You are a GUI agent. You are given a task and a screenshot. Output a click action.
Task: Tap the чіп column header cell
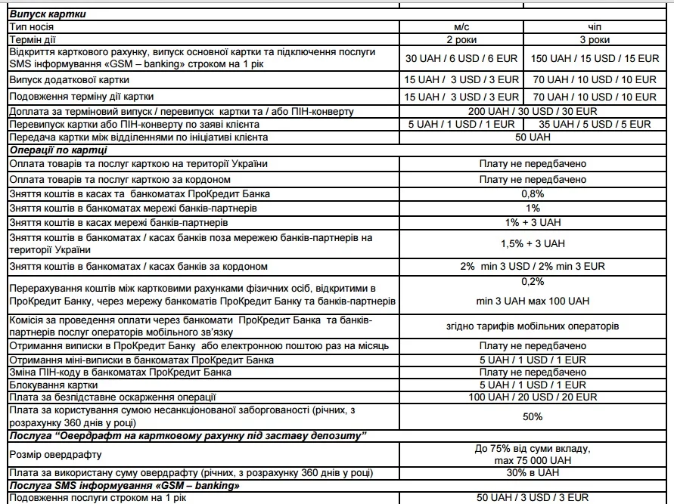594,26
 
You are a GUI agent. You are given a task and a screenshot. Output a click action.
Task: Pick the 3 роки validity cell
594,39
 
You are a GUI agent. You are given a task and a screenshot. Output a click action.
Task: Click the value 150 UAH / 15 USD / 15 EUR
594,58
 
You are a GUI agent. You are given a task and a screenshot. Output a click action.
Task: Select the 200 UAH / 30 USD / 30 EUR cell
533,111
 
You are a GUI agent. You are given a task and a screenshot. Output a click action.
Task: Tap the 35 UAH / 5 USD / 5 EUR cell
594,124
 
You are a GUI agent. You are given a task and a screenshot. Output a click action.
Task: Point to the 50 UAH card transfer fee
533,137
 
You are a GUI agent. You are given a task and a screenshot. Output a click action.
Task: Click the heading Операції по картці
58,150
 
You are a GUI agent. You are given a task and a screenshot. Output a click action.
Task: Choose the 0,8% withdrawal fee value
533,193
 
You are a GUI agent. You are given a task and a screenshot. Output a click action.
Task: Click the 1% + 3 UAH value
533,223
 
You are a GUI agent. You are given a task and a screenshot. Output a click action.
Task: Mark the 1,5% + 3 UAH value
533,243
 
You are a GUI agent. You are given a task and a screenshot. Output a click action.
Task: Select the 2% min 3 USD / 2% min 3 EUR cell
533,267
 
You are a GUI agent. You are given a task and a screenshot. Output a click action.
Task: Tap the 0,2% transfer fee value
533,281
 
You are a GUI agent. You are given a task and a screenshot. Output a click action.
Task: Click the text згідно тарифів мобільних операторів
533,326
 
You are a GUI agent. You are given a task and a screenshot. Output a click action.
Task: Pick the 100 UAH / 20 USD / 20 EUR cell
533,397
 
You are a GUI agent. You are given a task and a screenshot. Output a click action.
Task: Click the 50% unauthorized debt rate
533,416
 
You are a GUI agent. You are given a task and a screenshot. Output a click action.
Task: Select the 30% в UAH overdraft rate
533,474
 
